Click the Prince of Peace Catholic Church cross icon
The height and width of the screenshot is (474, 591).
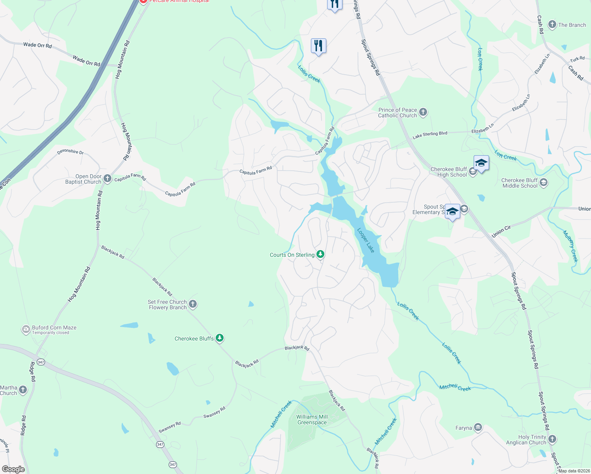[423, 112]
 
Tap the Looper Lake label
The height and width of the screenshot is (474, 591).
[365, 240]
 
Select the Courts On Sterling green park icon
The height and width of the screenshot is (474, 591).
[320, 254]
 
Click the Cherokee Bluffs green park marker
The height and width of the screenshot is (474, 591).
[220, 338]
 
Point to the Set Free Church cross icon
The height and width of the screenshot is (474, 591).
[193, 304]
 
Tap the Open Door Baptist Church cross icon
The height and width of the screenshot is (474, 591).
[107, 179]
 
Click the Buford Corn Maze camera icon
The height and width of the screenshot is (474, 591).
[26, 329]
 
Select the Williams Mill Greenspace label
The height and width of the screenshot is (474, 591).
[312, 419]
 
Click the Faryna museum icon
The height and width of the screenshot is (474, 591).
[478, 427]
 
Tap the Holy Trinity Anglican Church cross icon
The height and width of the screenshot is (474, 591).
[552, 439]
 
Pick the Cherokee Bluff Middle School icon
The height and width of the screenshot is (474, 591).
[544, 182]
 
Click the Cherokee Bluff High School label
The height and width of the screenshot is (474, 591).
[449, 172]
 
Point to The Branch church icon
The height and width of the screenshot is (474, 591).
[552, 24]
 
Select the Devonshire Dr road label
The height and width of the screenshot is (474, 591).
[70, 152]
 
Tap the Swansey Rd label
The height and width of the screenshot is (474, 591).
[214, 412]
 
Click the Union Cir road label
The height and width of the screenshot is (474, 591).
[501, 231]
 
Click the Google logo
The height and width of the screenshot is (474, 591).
[13, 469]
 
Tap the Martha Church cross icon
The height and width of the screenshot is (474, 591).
[23, 390]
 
